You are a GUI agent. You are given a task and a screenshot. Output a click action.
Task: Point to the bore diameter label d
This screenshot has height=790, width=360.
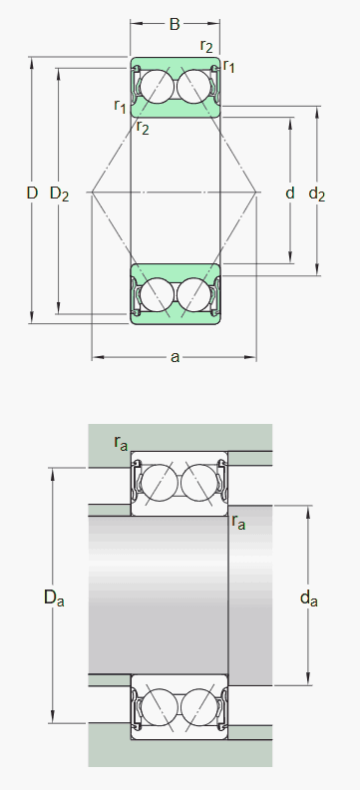coord(290,193)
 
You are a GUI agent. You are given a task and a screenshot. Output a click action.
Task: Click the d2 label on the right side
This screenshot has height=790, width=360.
coord(317,194)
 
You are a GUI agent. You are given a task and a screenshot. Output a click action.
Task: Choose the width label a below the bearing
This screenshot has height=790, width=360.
coord(175,357)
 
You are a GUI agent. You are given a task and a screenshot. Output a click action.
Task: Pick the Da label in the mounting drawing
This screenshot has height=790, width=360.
coord(53,597)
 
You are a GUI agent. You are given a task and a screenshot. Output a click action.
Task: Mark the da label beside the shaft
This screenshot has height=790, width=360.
coord(309,598)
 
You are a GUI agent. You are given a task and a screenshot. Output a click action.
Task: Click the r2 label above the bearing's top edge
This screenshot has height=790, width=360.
coord(206,45)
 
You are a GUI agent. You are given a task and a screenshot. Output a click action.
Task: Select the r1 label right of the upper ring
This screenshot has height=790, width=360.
coord(229,66)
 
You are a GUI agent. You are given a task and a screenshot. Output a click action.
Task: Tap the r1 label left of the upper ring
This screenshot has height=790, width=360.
coord(120,106)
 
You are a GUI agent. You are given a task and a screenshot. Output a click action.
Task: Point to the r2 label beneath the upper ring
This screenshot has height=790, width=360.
coord(143,127)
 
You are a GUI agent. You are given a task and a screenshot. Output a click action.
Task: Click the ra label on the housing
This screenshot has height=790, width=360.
coord(121,443)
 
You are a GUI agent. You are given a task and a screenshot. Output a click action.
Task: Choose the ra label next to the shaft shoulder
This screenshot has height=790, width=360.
coord(238,522)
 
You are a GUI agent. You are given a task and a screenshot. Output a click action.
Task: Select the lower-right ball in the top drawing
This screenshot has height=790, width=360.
coord(193,295)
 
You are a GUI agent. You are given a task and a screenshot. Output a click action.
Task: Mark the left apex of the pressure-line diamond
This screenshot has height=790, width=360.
coord(92,192)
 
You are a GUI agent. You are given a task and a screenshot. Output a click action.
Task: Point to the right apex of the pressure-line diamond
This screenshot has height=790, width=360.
coord(257,192)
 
